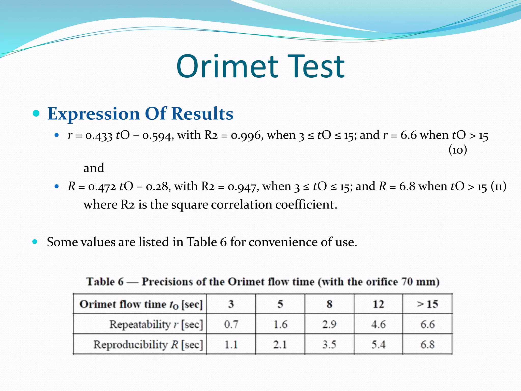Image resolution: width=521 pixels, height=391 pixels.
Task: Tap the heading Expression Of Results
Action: [x=140, y=114]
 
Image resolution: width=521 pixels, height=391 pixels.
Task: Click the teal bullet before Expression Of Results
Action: [x=36, y=113]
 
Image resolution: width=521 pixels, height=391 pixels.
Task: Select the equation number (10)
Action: [x=458, y=150]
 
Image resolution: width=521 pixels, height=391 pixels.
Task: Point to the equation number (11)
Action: [x=498, y=186]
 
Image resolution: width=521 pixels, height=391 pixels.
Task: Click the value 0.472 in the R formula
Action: [x=102, y=187]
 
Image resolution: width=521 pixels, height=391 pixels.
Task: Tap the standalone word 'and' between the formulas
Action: [x=94, y=168]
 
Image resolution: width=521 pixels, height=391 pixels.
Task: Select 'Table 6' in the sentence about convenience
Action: [x=206, y=242]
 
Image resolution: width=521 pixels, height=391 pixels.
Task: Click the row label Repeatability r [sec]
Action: [x=156, y=324]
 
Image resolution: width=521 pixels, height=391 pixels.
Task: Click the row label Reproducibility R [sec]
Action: [x=148, y=344]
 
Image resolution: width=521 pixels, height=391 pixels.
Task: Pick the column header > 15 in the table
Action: [x=427, y=304]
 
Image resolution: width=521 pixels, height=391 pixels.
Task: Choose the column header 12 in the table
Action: [x=378, y=304]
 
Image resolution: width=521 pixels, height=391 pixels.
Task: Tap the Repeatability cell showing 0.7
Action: [x=231, y=324]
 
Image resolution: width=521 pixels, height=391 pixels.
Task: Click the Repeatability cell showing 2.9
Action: [x=329, y=324]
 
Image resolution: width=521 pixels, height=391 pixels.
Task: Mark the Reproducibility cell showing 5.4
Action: [x=378, y=344]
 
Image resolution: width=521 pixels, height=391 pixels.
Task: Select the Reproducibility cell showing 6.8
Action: [x=427, y=344]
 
